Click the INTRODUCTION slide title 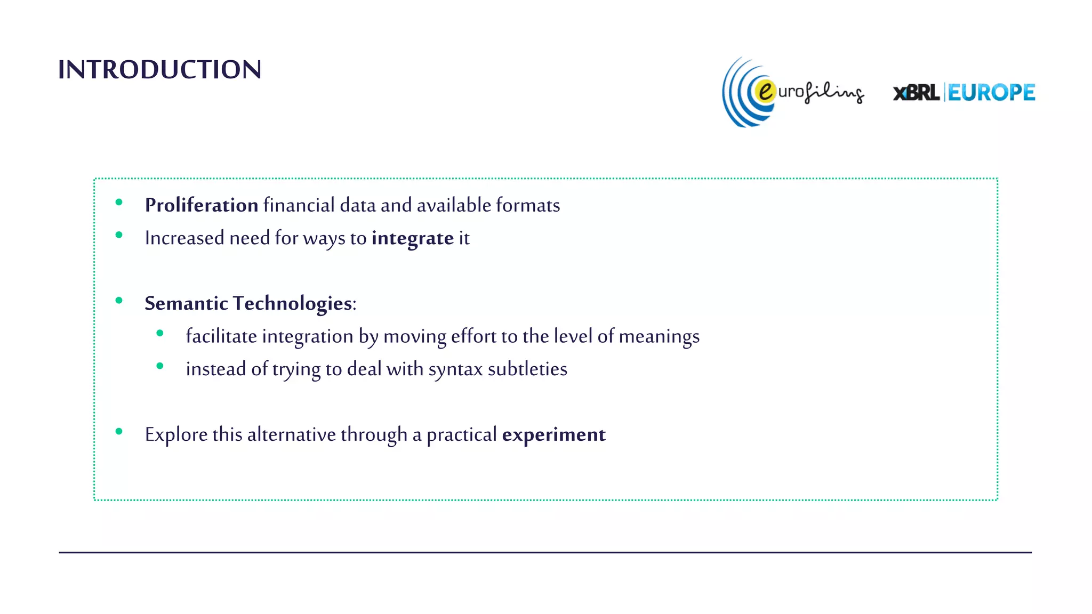159,70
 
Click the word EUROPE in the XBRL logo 991,93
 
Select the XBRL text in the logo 916,93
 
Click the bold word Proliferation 202,205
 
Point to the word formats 528,205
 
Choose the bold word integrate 413,238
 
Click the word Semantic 187,303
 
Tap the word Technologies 293,304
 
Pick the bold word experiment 553,434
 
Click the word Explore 176,434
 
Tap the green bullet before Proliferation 119,202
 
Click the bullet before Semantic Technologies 119,301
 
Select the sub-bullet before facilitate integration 160,333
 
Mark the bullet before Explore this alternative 119,431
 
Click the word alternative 291,434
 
